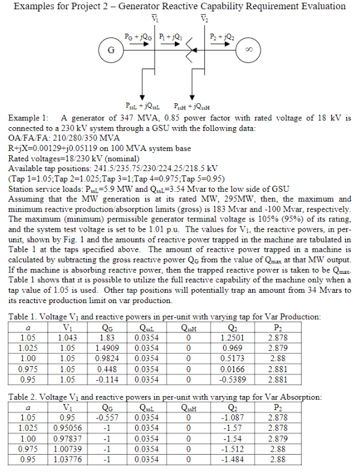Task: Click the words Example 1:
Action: point(28,116)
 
